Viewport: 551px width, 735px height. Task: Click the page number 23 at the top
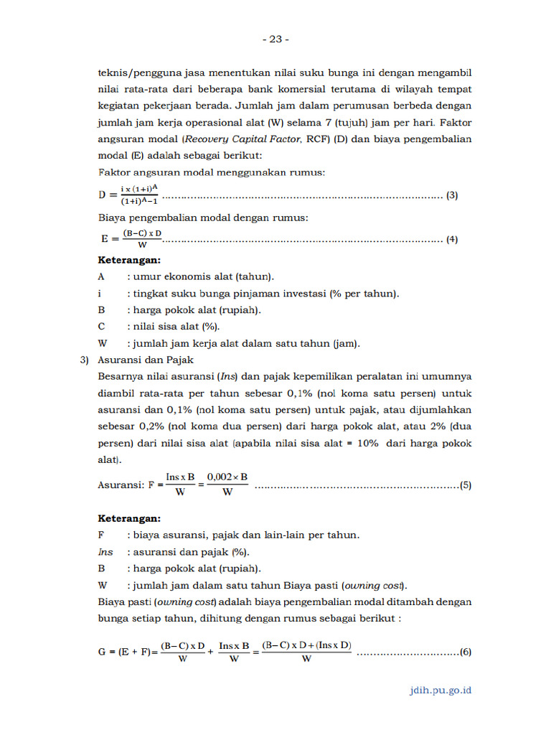click(275, 39)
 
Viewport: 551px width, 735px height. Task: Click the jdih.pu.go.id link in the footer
click(438, 690)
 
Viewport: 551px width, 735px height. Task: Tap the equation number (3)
click(452, 195)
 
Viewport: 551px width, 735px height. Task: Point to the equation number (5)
click(466, 485)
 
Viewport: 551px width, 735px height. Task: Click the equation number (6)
click(466, 652)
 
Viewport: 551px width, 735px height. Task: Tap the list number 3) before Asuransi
click(84, 360)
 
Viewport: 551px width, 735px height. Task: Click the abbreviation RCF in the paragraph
click(317, 139)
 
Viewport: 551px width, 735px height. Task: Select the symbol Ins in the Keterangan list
click(105, 551)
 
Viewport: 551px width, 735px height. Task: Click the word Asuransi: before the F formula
click(120, 485)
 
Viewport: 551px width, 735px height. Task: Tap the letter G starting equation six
click(102, 652)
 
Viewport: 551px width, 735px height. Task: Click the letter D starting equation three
click(102, 195)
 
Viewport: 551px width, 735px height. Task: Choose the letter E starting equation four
click(105, 239)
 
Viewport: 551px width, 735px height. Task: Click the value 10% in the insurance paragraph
click(367, 444)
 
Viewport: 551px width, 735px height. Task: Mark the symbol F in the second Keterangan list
click(101, 535)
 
